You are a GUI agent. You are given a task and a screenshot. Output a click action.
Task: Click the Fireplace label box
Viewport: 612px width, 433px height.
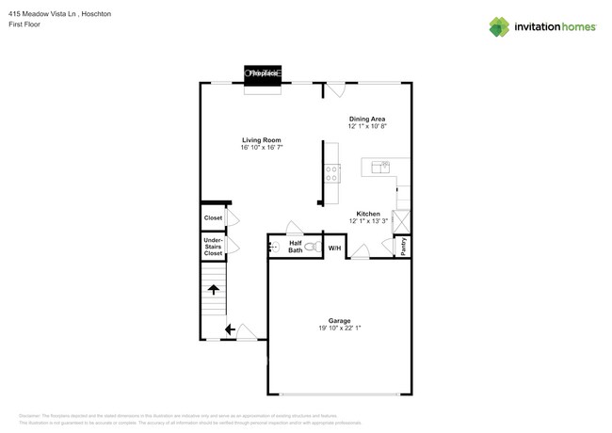click(263, 72)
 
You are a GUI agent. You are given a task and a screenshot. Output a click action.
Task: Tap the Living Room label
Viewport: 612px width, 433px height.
click(262, 140)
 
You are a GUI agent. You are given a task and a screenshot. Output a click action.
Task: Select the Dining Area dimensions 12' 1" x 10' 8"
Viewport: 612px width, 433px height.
click(366, 125)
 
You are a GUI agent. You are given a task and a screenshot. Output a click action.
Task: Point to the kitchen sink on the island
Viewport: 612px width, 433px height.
click(382, 167)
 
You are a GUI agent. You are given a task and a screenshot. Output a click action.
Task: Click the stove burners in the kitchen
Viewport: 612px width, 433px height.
click(331, 172)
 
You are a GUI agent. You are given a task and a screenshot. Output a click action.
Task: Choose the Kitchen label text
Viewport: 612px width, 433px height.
click(367, 214)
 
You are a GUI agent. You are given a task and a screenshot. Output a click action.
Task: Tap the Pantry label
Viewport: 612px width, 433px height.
click(403, 247)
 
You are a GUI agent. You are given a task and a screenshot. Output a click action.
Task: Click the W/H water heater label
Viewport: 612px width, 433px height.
click(334, 248)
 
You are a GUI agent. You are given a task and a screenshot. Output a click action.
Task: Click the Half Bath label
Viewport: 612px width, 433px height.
click(295, 247)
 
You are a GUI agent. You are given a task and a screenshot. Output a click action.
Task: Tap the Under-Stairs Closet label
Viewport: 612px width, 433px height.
click(214, 247)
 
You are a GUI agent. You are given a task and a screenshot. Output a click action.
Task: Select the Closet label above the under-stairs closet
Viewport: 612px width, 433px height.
click(214, 217)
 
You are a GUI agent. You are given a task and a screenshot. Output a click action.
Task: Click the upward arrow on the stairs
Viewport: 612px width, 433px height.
click(214, 289)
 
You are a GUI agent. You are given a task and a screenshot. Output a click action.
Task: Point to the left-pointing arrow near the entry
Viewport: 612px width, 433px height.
click(230, 329)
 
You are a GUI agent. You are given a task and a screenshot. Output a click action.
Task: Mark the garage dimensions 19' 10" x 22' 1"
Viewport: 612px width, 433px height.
click(339, 328)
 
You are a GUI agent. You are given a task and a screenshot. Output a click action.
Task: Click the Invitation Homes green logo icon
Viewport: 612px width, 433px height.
click(498, 26)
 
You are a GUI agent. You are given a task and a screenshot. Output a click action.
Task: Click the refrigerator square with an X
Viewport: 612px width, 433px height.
click(403, 222)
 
